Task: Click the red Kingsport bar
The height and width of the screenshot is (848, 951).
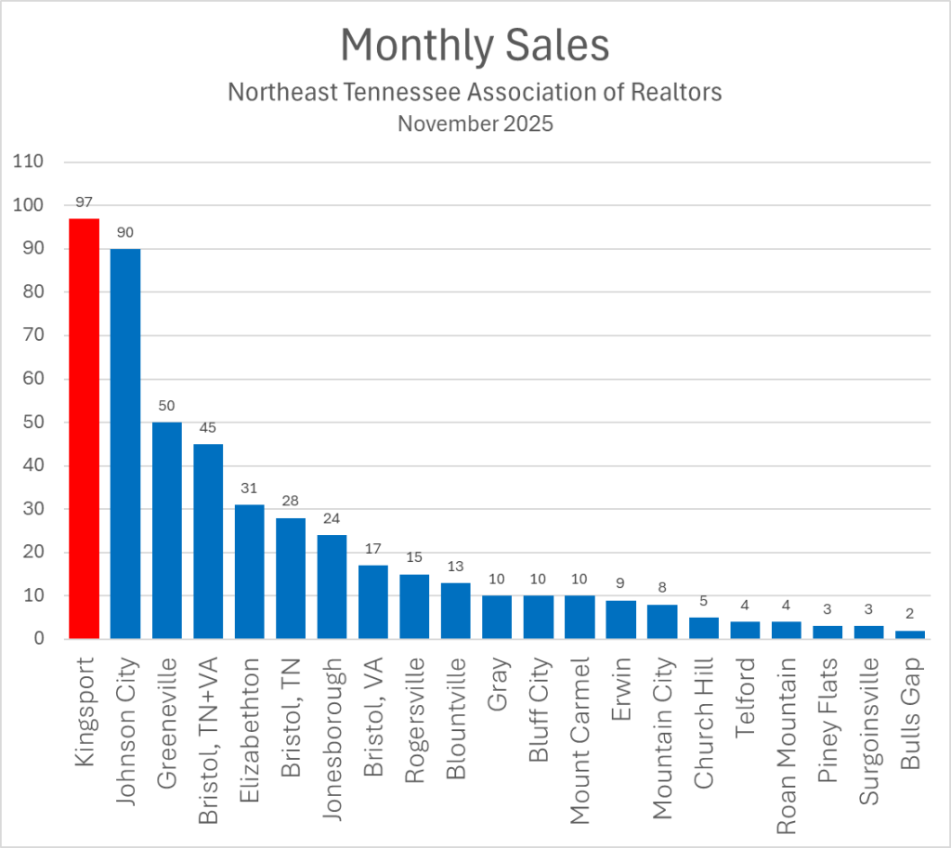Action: click(84, 427)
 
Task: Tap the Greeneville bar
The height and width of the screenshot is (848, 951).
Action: click(166, 529)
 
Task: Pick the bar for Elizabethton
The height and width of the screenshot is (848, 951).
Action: click(249, 571)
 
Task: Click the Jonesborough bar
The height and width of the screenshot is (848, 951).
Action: click(332, 586)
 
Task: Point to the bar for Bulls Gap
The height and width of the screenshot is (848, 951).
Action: click(911, 634)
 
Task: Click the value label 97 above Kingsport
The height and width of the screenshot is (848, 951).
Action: click(84, 202)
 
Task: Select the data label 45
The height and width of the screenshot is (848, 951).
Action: click(208, 428)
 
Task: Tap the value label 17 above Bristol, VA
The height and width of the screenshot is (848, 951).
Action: click(373, 549)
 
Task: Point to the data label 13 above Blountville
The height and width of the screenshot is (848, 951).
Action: click(456, 567)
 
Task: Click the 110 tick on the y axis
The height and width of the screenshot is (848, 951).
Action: click(29, 162)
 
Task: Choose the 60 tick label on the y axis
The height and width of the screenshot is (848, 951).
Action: click(33, 379)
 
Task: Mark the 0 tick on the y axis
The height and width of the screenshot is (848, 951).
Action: click(38, 639)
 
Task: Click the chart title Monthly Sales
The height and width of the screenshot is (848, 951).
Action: click(475, 45)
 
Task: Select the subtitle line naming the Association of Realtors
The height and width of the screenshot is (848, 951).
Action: click(475, 93)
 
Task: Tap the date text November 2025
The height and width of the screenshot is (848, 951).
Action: click(475, 124)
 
